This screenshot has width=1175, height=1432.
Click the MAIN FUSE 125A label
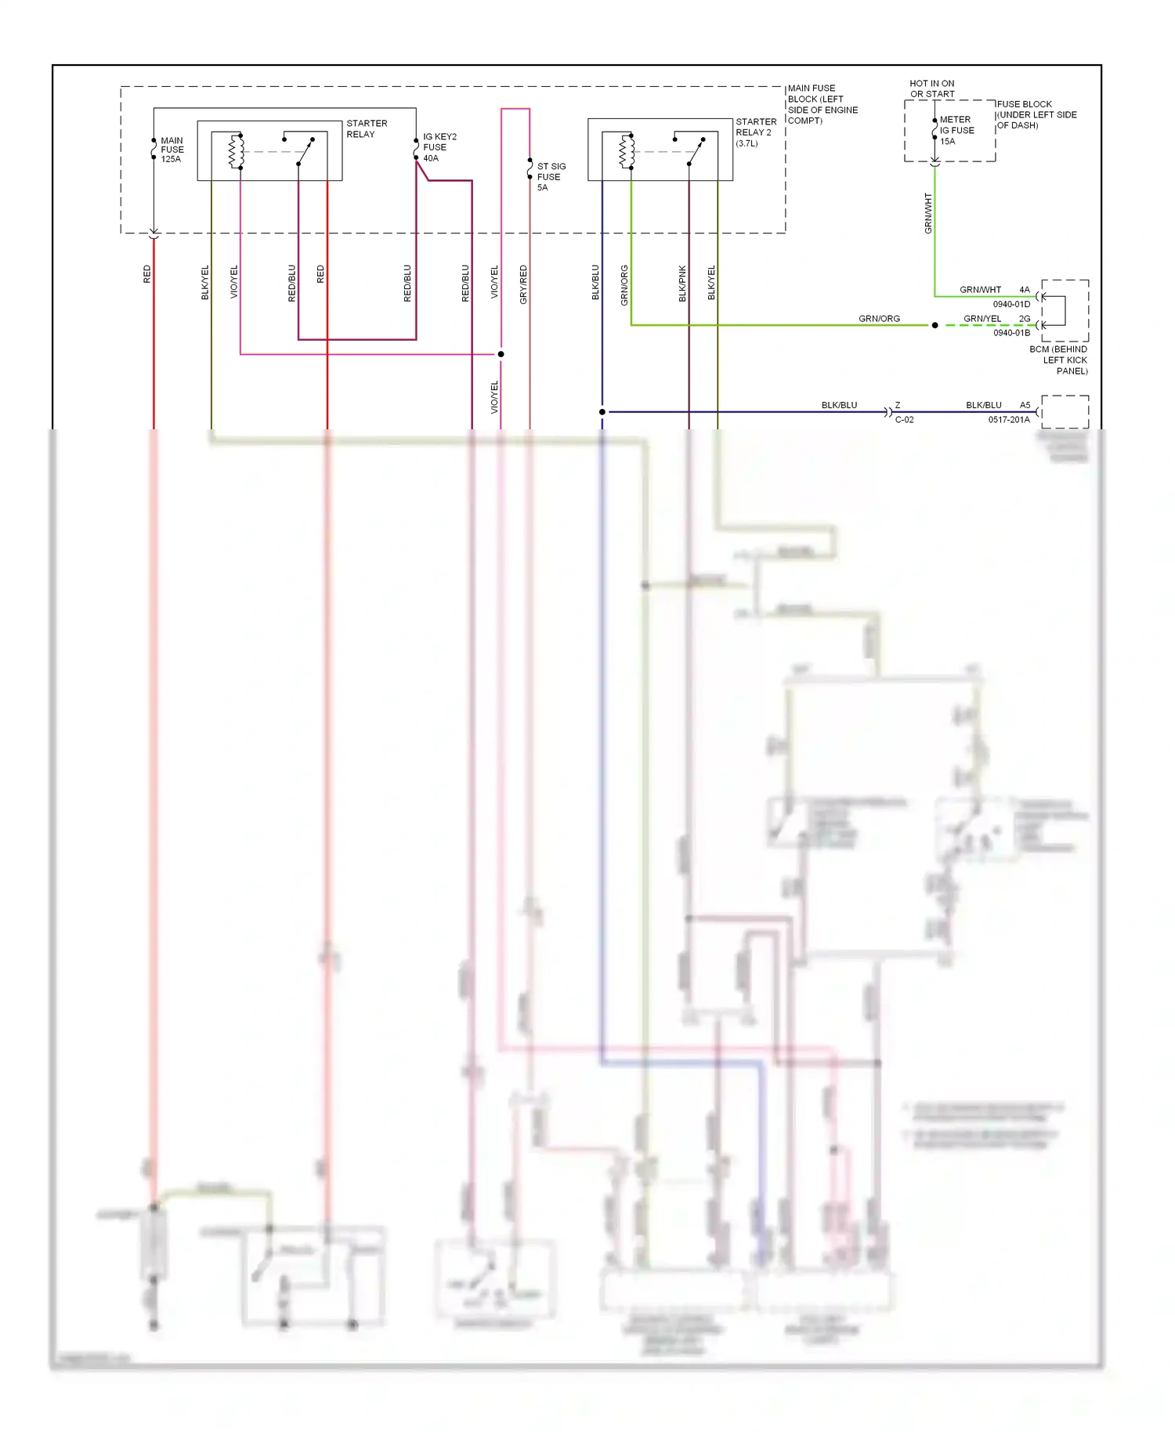click(172, 150)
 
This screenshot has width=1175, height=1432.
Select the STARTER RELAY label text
click(366, 128)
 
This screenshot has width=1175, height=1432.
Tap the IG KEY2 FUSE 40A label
click(439, 147)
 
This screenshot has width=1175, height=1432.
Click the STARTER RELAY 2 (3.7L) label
click(755, 132)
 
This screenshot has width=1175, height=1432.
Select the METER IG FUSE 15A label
click(956, 131)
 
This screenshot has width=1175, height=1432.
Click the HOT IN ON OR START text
click(931, 89)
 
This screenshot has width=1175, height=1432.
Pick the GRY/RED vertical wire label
click(523, 284)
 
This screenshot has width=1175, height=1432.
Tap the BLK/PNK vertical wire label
click(682, 283)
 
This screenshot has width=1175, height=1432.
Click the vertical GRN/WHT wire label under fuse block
click(928, 213)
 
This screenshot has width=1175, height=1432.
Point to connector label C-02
click(904, 420)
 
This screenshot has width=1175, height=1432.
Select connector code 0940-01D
click(1011, 304)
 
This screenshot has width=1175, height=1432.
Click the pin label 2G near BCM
click(1024, 319)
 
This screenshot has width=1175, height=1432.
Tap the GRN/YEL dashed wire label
click(982, 319)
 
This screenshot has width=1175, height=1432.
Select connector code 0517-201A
click(1008, 420)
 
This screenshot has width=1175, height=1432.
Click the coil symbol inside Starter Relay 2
click(627, 151)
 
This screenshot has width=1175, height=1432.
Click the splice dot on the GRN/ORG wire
click(935, 325)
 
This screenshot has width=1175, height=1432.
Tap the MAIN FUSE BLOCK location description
click(822, 104)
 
